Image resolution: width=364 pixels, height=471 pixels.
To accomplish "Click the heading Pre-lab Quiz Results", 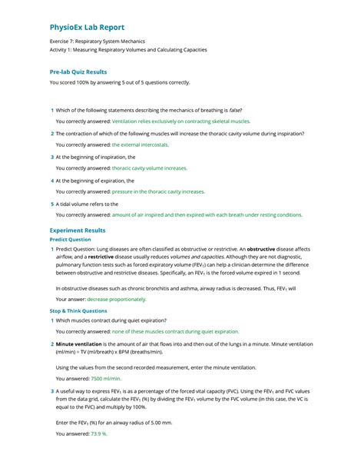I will pyautogui.click(x=83, y=71).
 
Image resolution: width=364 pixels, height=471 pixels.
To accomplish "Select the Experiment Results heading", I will pyautogui.click(x=78, y=230).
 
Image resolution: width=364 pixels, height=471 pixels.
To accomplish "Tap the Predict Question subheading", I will pyautogui.click(x=70, y=239).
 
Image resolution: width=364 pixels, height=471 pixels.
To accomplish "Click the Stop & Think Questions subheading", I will pyautogui.click(x=78, y=310).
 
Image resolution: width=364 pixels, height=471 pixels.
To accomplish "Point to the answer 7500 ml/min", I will pyautogui.click(x=106, y=379).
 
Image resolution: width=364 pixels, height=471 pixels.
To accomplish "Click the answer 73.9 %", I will pyautogui.click(x=99, y=433).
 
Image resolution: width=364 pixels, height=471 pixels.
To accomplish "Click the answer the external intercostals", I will pyautogui.click(x=140, y=144).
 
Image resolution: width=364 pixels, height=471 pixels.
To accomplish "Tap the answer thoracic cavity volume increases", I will pyautogui.click(x=149, y=168).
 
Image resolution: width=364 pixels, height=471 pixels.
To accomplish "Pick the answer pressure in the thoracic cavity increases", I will pyautogui.click(x=158, y=191).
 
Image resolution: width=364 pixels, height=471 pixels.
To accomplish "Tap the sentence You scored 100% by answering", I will pyautogui.click(x=119, y=82).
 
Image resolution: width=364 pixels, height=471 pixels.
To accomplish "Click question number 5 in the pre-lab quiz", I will pyautogui.click(x=51, y=204).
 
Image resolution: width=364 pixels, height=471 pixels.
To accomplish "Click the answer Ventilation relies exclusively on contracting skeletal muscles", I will pyautogui.click(x=184, y=121).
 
